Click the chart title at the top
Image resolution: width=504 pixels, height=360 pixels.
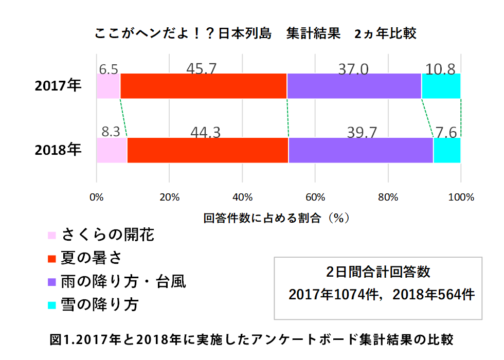coord(256,34)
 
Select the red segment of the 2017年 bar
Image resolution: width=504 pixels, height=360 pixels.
coord(203,86)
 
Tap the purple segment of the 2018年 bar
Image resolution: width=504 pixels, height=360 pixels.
coord(361,150)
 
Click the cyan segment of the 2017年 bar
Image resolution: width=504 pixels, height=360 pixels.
coord(441,86)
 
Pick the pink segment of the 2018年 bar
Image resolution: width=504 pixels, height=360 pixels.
coord(112,150)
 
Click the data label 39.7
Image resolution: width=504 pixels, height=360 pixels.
coord(362,132)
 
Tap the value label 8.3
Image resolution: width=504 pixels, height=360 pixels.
coord(111,132)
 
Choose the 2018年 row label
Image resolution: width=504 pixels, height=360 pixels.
coord(58,150)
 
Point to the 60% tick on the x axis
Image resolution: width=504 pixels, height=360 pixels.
coord(315,197)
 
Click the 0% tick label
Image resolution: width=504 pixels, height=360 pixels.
coord(97,197)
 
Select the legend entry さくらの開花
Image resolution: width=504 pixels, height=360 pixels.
coord(107,235)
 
